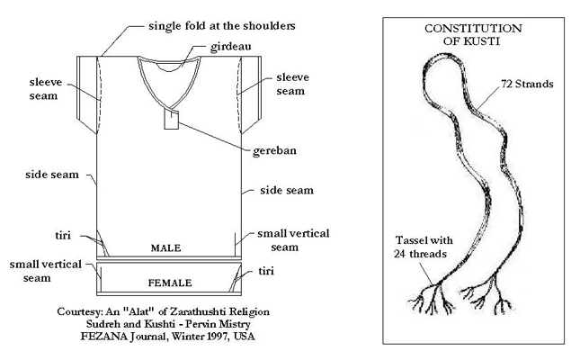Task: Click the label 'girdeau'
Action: click(230, 47)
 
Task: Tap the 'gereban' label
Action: click(274, 150)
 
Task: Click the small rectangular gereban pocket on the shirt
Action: click(171, 120)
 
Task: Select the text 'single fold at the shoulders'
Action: click(222, 26)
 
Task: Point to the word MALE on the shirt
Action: click(165, 248)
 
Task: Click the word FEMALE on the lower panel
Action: click(170, 283)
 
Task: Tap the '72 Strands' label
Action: click(527, 84)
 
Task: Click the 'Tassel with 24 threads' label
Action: click(424, 247)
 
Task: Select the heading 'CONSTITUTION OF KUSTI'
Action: click(473, 34)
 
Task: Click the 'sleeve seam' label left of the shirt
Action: click(46, 89)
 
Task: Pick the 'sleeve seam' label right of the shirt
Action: click(292, 84)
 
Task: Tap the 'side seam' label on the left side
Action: click(52, 175)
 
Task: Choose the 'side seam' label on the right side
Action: click(287, 190)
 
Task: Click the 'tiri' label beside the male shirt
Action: click(63, 235)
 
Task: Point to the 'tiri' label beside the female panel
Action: click(266, 271)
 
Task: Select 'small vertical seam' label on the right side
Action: click(293, 240)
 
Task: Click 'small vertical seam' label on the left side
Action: click(45, 271)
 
